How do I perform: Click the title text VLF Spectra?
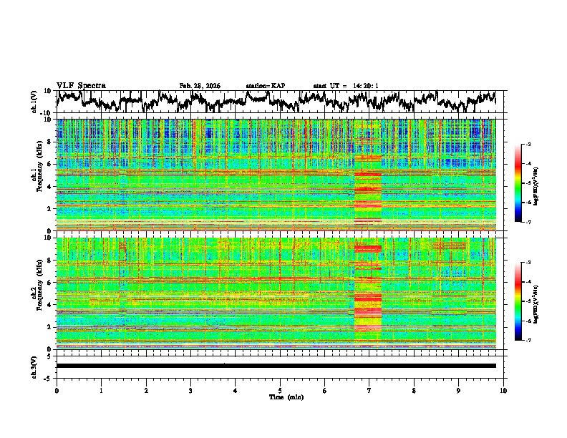(81, 85)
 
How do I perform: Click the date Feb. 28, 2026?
(200, 86)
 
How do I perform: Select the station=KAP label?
(266, 86)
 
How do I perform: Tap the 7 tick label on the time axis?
(369, 390)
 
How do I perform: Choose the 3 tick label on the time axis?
(190, 390)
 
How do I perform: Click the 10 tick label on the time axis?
(503, 390)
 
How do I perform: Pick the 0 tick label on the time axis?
(57, 390)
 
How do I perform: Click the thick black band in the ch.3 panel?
(276, 366)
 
